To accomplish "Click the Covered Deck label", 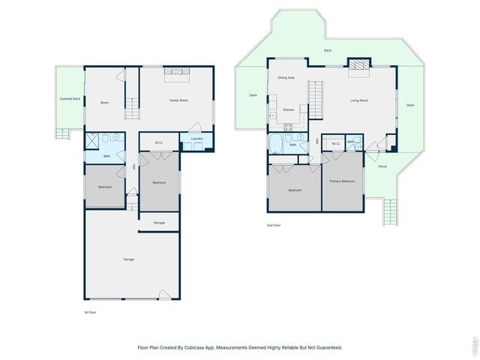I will point(70,98).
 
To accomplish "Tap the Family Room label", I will point(178,100).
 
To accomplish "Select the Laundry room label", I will point(197,139).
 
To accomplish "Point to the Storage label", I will point(159,223).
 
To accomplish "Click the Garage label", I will point(129,259).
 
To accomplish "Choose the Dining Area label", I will point(286,77).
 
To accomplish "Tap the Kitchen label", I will point(288,109).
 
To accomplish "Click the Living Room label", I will point(358,100).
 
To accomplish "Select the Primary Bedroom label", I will point(342,181).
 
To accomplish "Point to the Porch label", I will point(382,166).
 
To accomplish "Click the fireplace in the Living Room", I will point(358,66).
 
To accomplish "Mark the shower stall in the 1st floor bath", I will point(92,141).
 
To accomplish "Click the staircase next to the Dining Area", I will point(316,96).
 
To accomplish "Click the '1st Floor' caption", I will point(89,311).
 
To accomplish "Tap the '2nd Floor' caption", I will point(274,225).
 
